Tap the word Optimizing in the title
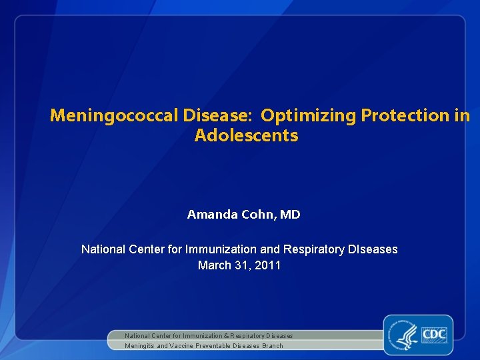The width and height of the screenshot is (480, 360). pyautogui.click(x=309, y=115)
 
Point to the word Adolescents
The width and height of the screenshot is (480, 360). pyautogui.click(x=246, y=136)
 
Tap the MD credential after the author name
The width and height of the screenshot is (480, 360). pyautogui.click(x=290, y=215)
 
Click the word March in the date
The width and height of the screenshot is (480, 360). pyautogui.click(x=213, y=265)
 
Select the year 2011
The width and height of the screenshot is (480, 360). pyautogui.click(x=267, y=265)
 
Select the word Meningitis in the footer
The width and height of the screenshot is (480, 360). pyautogui.click(x=139, y=346)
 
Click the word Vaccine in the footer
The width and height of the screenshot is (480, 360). pyautogui.click(x=182, y=346)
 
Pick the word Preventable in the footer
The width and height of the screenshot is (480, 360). pyautogui.click(x=213, y=346)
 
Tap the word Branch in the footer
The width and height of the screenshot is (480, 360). pyautogui.click(x=273, y=346)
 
